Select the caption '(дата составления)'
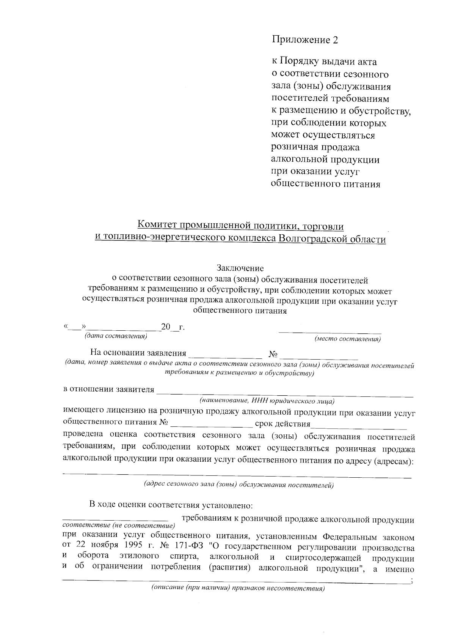pos(115,336)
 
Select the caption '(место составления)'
pos(347,339)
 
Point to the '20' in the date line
pos(166,327)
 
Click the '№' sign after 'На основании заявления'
pos(273,354)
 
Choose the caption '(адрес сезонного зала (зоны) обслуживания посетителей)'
pos(238,485)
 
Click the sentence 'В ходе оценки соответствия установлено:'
pos(171,505)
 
